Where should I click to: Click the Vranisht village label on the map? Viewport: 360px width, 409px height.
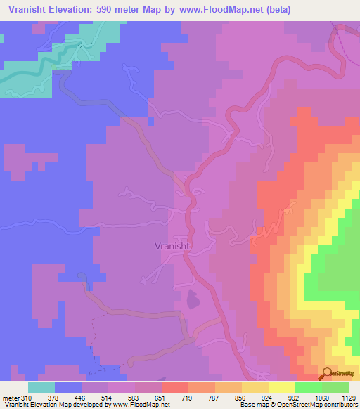[x=173, y=247]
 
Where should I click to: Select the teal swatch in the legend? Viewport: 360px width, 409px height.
[x=41, y=387]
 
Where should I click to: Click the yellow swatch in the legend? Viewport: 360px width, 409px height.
[x=282, y=387]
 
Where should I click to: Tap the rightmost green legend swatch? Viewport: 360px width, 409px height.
[x=335, y=387]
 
